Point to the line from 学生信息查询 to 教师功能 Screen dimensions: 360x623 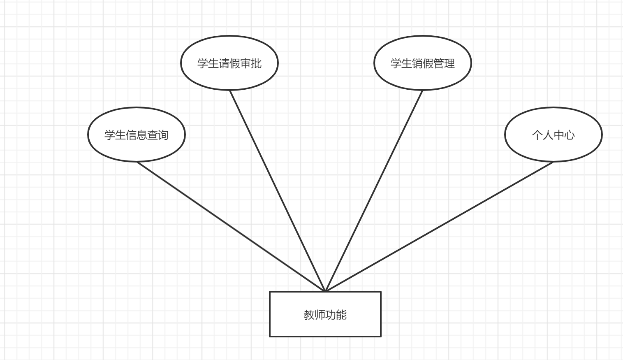(230, 226)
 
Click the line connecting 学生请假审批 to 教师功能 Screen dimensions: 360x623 (278, 191)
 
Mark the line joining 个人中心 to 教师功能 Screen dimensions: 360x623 (439, 227)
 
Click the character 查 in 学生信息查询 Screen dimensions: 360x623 (153, 135)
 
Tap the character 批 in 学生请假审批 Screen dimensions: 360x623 (256, 63)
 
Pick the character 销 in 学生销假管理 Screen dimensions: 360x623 (417, 63)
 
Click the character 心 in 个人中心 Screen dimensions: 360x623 (570, 135)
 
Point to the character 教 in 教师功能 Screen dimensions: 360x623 (309, 315)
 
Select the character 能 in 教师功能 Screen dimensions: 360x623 (341, 315)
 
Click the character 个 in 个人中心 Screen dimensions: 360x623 (537, 135)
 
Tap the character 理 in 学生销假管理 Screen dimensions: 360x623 (449, 63)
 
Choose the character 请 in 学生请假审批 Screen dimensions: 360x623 (224, 63)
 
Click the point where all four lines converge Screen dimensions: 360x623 (325, 291)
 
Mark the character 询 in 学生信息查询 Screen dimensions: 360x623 (163, 135)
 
